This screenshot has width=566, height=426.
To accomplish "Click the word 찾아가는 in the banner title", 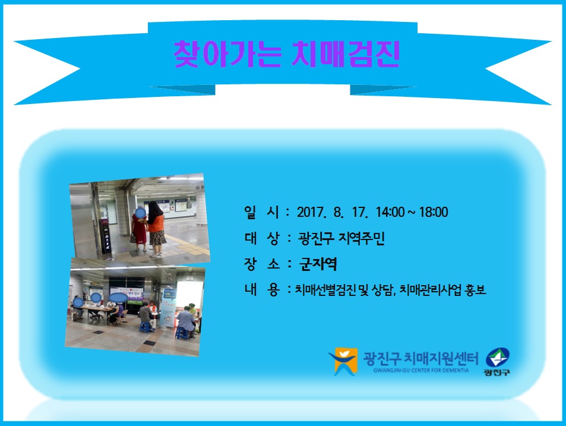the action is [227, 54].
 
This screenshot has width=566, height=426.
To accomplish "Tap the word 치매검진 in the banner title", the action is [346, 54].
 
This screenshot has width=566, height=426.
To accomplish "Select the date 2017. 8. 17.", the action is [332, 212].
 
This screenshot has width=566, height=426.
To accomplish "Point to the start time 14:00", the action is [390, 212].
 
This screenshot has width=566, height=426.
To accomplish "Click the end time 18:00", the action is [434, 212].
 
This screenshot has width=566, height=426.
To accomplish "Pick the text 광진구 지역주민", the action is [342, 238].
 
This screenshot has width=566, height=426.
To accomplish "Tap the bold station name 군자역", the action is [318, 264].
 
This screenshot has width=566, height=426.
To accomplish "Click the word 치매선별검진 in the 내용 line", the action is [325, 289].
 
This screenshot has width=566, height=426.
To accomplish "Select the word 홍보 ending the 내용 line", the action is [476, 289].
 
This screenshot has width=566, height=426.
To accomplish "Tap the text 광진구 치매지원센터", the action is [420, 358].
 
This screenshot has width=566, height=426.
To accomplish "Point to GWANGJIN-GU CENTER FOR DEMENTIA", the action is [421, 370].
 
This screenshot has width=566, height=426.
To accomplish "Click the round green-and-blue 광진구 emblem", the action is [498, 358].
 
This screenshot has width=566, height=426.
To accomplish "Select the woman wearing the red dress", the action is [140, 230].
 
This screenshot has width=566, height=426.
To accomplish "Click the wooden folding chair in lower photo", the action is [121, 318].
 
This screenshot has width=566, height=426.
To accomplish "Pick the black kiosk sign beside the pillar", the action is [105, 235].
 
